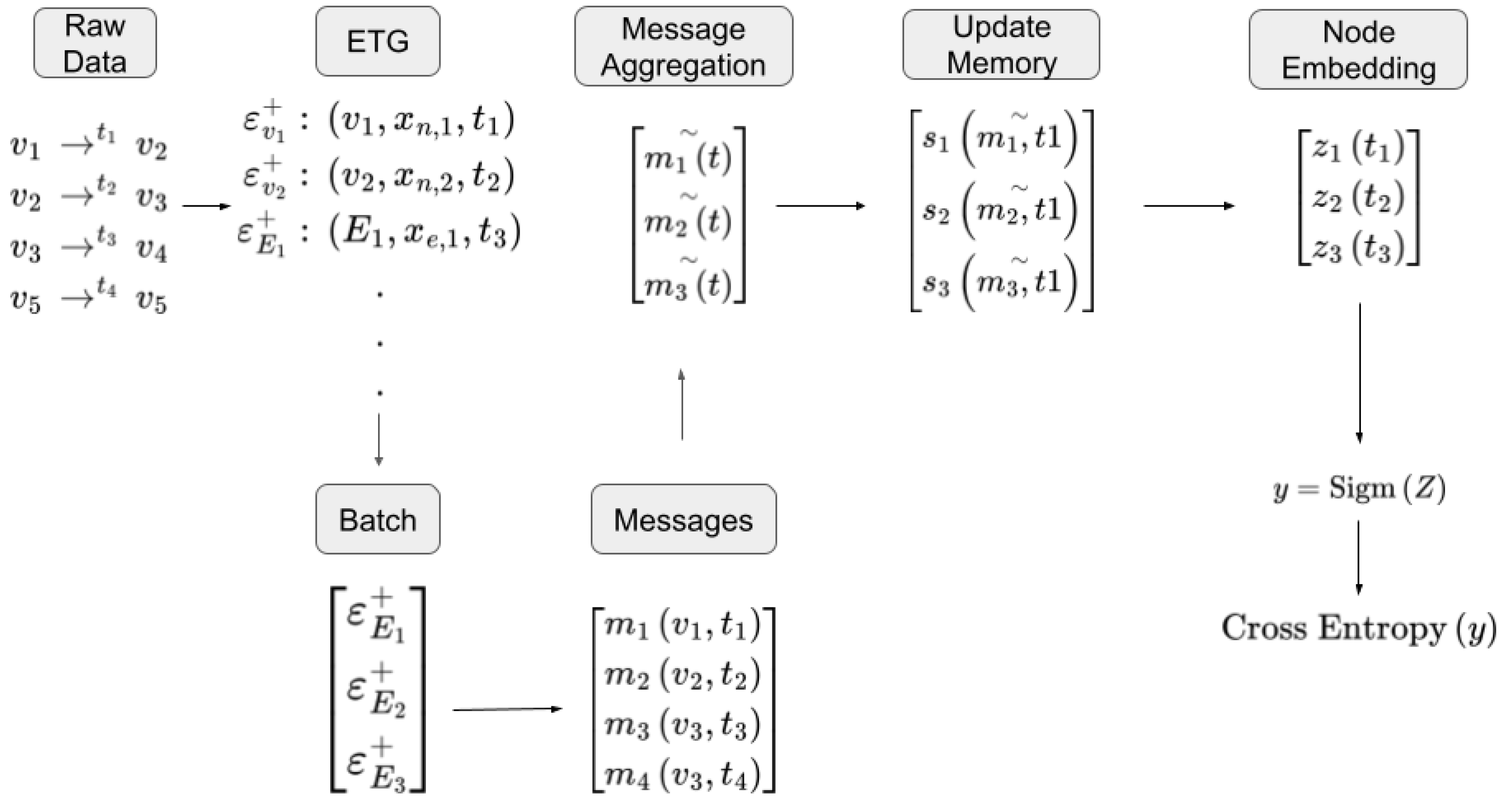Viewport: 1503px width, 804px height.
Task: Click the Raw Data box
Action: click(x=95, y=43)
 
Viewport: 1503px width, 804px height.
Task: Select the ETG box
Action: click(x=378, y=42)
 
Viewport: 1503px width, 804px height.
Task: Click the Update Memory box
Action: click(x=1001, y=44)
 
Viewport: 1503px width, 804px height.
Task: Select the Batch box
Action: click(x=378, y=519)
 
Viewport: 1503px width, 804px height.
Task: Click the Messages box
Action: click(x=683, y=519)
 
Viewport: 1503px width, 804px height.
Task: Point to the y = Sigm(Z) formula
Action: click(x=1359, y=488)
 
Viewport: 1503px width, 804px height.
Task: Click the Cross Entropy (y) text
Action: click(x=1359, y=629)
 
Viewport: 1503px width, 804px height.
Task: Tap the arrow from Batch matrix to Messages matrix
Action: click(x=507, y=709)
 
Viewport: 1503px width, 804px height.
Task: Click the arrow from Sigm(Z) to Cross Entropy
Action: click(x=1359, y=557)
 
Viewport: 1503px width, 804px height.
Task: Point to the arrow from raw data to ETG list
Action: click(x=206, y=206)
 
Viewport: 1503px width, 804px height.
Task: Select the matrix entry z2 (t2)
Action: click(x=1358, y=198)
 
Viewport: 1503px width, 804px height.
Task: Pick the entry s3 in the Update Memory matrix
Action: click(x=936, y=283)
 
